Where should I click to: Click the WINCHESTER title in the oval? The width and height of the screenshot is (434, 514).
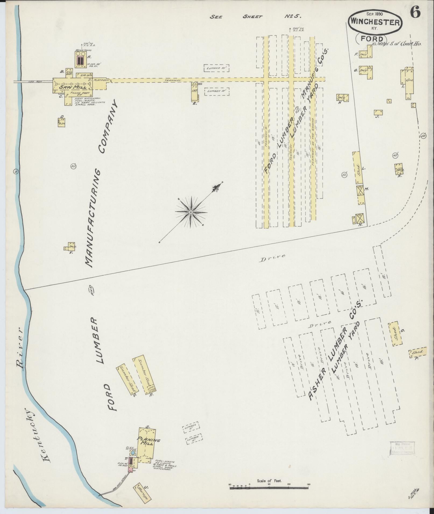(375, 23)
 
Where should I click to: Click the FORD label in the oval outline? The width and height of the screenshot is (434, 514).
(372, 39)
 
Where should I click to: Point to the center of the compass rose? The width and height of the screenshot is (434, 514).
(191, 212)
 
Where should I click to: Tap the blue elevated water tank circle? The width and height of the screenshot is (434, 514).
(133, 453)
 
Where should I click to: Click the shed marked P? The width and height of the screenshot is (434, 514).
(417, 352)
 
